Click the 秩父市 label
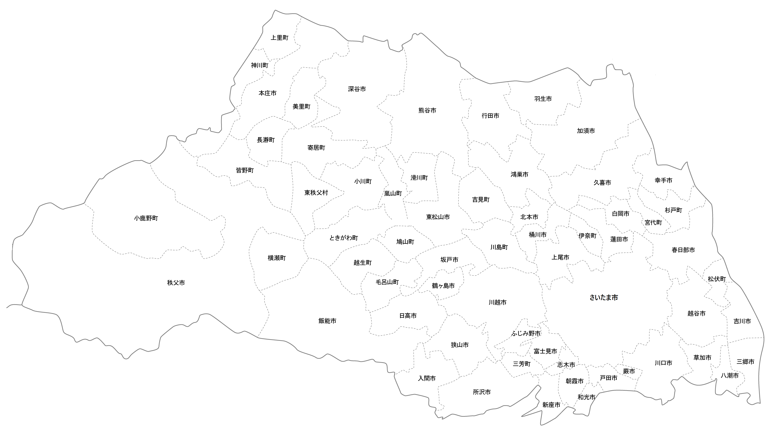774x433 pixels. pos(176,283)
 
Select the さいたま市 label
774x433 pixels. pos(603,298)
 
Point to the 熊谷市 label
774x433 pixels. pos(427,110)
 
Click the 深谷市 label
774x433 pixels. pos(357,89)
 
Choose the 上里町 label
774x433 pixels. pos(279,38)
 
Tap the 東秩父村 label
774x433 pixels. pos(316,193)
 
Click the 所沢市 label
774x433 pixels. pos(482,392)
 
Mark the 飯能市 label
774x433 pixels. pos(327,321)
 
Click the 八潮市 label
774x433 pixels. pos(729,376)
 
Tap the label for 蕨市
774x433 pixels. pos(629,371)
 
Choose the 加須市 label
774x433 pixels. pos(586,131)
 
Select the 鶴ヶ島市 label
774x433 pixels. pos(443,286)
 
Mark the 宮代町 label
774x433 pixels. pos(653,223)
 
